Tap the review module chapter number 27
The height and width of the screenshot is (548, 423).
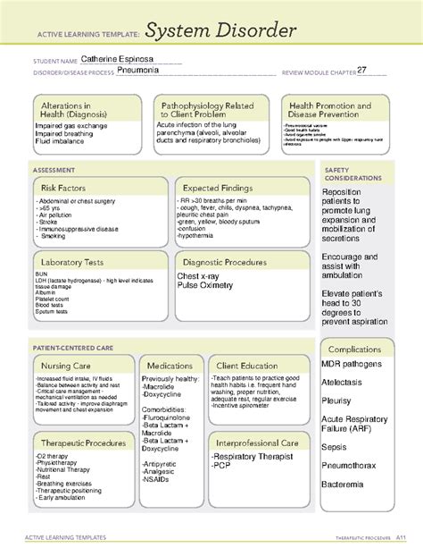pyautogui.click(x=361, y=70)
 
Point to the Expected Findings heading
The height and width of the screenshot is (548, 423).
pyautogui.click(x=220, y=188)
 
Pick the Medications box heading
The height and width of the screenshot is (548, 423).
pyautogui.click(x=170, y=366)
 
